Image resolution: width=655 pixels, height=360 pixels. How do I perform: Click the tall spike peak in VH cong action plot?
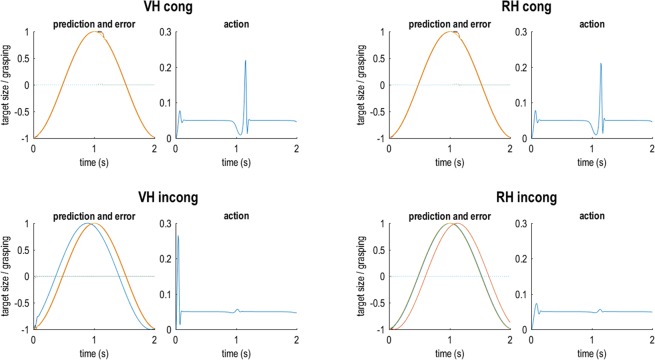(245, 61)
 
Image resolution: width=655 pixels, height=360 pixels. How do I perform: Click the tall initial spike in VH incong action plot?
(177, 236)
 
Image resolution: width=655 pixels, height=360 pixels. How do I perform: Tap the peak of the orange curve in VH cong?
(95, 32)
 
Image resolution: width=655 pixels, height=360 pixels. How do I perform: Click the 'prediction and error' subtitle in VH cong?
(94, 23)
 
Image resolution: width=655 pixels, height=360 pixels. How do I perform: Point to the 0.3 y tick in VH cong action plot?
(164, 32)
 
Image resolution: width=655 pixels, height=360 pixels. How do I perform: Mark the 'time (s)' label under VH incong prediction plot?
(94, 352)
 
